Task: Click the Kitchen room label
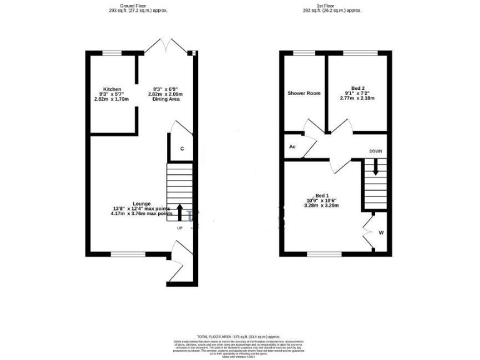click(x=112, y=89)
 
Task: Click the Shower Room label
click(x=304, y=93)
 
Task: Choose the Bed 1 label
click(x=322, y=194)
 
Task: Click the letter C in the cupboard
click(x=182, y=149)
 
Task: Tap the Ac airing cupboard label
click(x=292, y=147)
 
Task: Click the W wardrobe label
click(x=381, y=233)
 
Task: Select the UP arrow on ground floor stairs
click(x=181, y=212)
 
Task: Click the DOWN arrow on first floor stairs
click(x=376, y=167)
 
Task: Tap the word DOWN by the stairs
click(x=376, y=151)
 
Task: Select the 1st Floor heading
click(x=332, y=6)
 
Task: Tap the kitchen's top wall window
click(x=112, y=54)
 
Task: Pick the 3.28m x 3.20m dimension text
click(x=322, y=205)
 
